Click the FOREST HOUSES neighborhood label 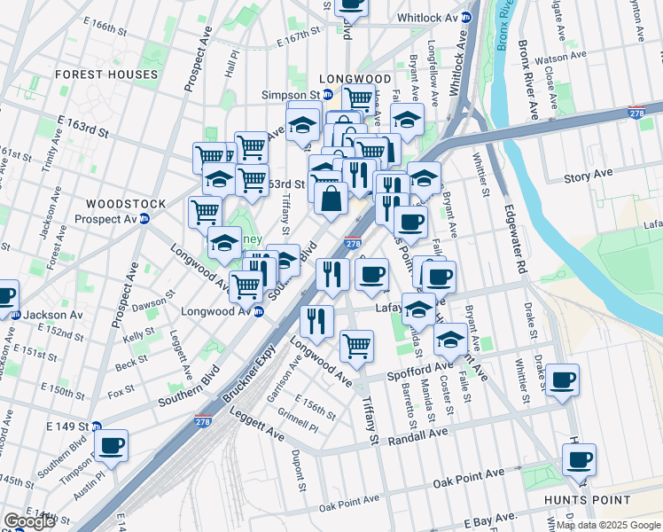106,74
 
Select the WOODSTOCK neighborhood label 126,204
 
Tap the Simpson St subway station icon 327,95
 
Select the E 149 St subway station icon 97,426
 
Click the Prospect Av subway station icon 143,219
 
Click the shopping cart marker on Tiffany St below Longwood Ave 356,345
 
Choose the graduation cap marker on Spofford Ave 450,340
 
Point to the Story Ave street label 589,177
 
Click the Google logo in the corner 29,521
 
